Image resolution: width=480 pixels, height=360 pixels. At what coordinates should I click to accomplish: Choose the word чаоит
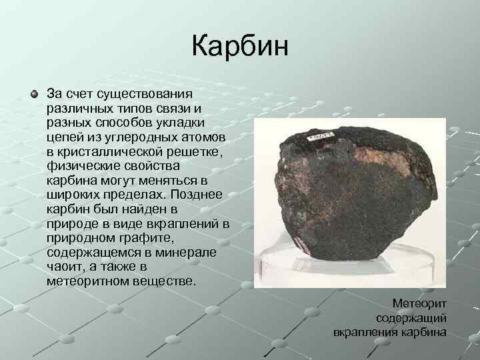pyautogui.click(x=65, y=268)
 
